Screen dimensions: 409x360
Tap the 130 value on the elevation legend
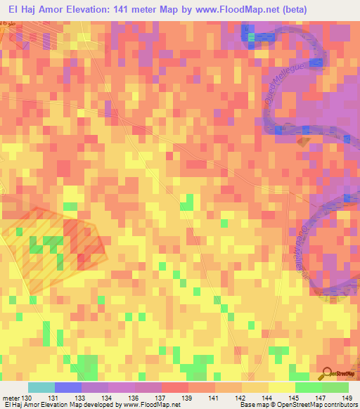(x=27, y=398)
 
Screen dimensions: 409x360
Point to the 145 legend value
(x=295, y=398)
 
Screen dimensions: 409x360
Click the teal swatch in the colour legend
(x=41, y=387)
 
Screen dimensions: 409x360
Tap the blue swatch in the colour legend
(x=67, y=387)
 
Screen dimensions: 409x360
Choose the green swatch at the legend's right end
(x=335, y=387)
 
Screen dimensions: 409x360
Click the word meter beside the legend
(x=11, y=398)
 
